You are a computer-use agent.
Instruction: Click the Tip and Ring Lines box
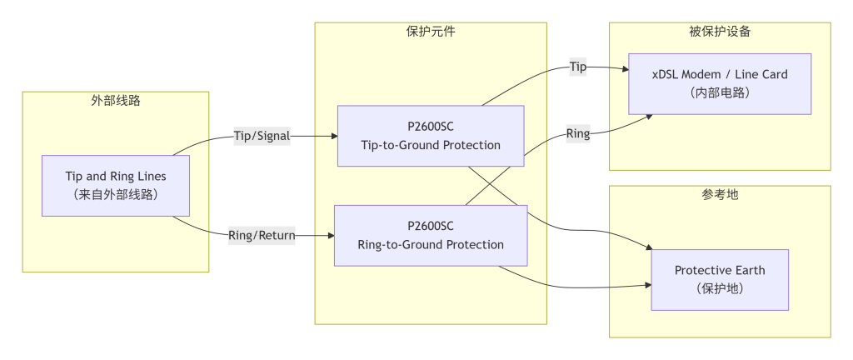116,185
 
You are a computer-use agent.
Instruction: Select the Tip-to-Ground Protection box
431,136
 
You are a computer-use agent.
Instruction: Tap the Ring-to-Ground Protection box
431,235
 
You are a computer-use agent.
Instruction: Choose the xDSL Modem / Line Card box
720,83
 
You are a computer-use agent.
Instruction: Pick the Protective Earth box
720,279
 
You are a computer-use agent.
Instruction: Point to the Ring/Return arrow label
262,235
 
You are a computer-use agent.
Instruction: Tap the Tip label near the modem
578,67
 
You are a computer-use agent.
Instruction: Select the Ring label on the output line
578,133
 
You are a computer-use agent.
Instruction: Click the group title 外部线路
116,101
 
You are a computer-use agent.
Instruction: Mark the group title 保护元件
431,32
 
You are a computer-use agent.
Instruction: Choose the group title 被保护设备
720,32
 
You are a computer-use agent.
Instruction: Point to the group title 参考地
720,195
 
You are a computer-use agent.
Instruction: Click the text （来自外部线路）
116,194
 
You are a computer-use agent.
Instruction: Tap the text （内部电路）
720,92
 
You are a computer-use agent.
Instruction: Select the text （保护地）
720,288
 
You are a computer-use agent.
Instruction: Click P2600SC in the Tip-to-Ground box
431,127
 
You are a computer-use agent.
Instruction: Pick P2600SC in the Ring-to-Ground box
431,226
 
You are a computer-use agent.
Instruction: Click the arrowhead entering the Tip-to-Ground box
333,137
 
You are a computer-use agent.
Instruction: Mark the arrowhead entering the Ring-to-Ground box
330,235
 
